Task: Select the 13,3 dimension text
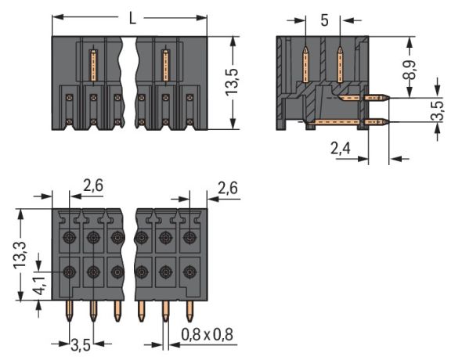click(24, 254)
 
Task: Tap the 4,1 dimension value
click(24, 291)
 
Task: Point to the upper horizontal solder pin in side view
click(377, 98)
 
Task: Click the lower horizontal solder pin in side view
click(377, 122)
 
